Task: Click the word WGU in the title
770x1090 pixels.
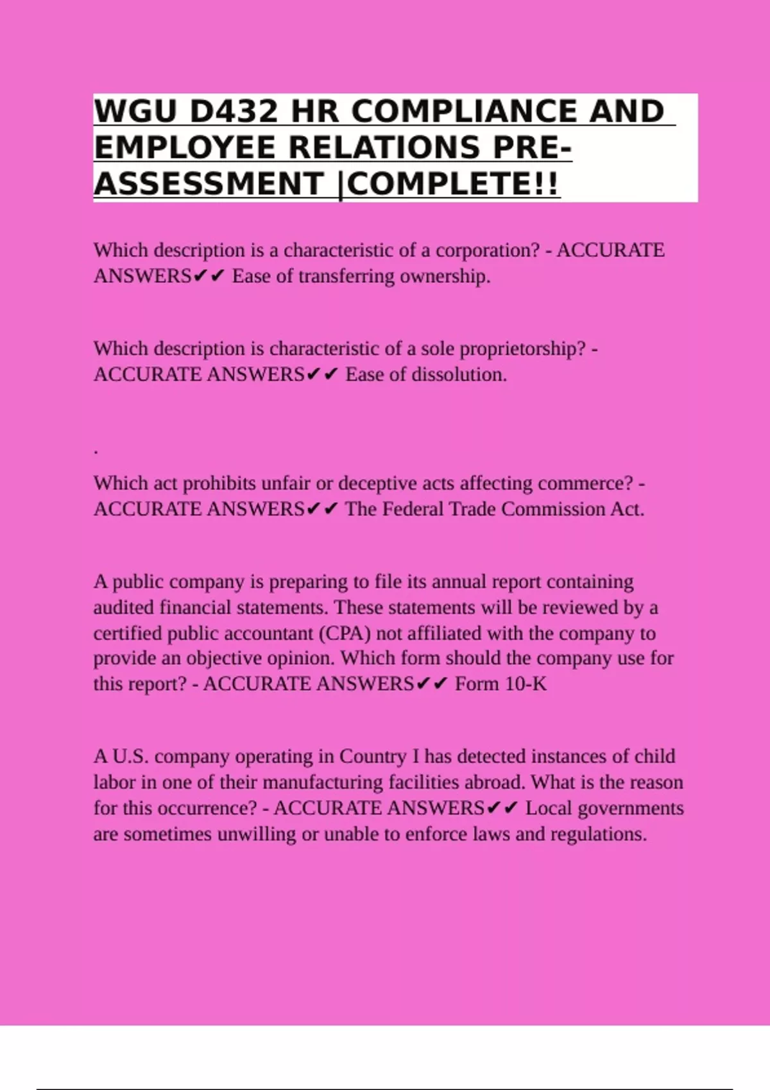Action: coord(135,112)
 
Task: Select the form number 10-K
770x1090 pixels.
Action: coord(526,684)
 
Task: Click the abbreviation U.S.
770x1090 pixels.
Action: coord(130,757)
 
